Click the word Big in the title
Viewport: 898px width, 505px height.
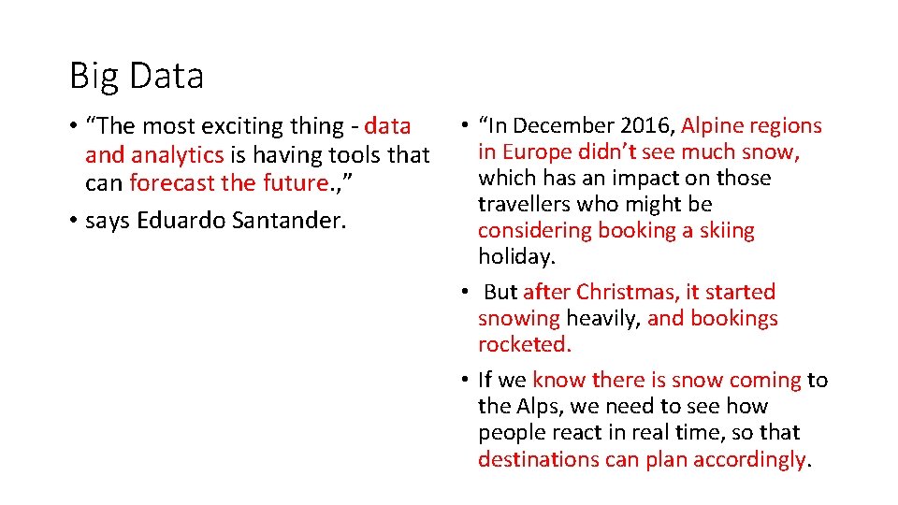click(91, 76)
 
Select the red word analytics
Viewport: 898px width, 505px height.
click(178, 154)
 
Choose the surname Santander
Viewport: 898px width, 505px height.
click(282, 221)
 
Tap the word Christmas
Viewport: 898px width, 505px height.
click(620, 293)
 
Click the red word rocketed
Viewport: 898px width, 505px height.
click(524, 344)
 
